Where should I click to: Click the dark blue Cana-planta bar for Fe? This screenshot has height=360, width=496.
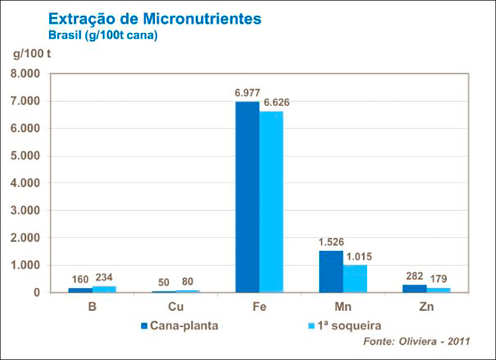click(247, 197)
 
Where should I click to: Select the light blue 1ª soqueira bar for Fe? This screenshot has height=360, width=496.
click(271, 201)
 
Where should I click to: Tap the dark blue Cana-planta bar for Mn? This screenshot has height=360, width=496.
click(330, 271)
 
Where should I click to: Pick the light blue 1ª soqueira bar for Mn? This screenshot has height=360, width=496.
click(355, 278)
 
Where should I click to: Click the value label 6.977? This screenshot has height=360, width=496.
click(247, 93)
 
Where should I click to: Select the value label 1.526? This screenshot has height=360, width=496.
click(330, 242)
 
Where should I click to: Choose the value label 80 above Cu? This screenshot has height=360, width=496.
click(187, 282)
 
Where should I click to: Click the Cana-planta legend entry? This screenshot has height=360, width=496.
click(179, 325)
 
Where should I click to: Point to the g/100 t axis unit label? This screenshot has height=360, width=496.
click(32, 56)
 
